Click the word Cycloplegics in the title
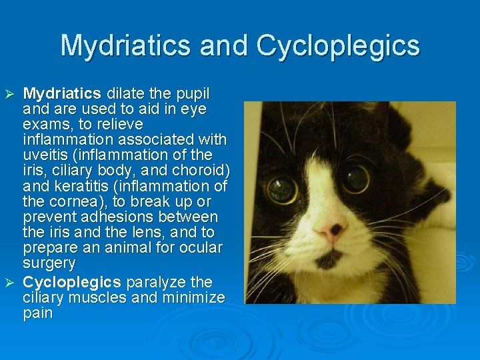338,46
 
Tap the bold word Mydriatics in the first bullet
62,93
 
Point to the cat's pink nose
331,230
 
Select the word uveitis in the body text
47,155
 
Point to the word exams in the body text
45,125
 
